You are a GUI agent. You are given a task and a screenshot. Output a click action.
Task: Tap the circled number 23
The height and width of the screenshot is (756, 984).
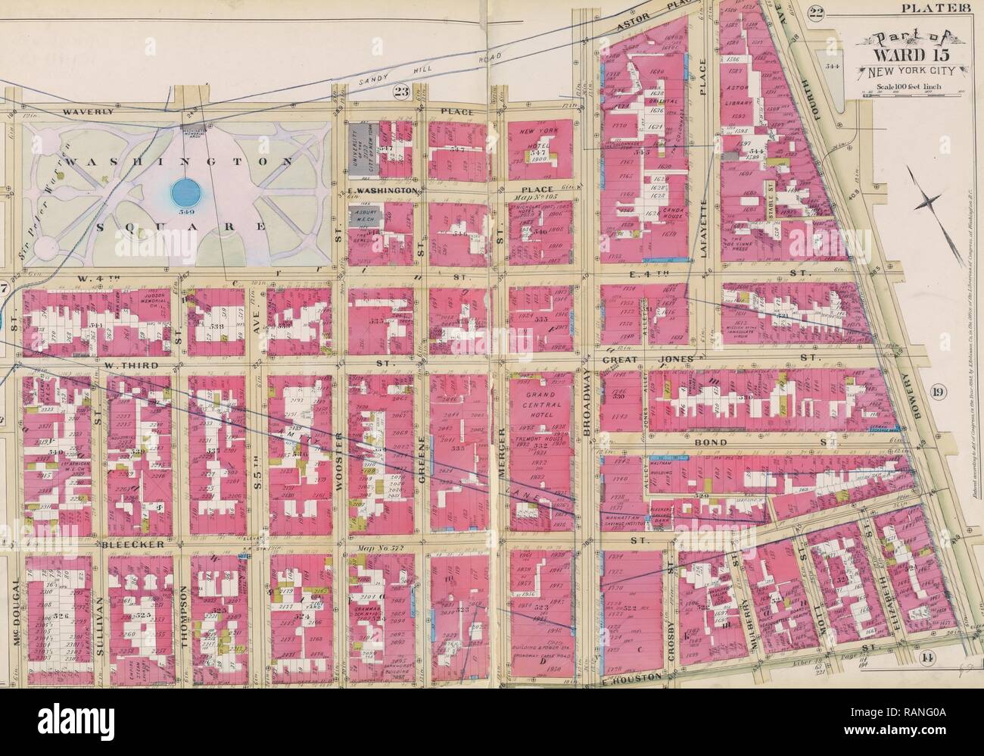coord(400,92)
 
